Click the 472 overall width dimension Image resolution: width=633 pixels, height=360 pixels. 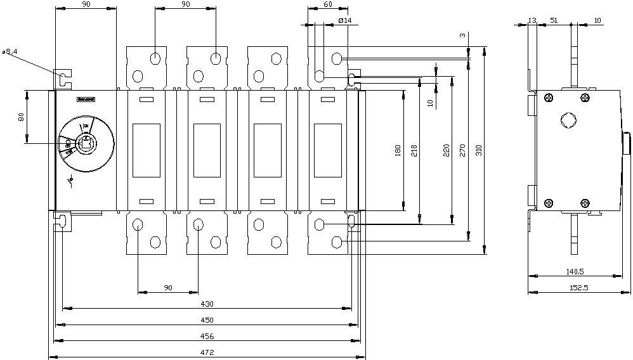pyautogui.click(x=207, y=352)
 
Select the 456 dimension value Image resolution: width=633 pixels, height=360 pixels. pyautogui.click(x=207, y=336)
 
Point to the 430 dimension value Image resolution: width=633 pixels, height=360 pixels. pyautogui.click(x=207, y=304)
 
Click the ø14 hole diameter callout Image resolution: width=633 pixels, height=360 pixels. pyautogui.click(x=346, y=20)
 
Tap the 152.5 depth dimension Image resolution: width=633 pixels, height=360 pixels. pyautogui.click(x=577, y=288)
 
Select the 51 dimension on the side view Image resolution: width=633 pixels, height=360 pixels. pyautogui.click(x=554, y=20)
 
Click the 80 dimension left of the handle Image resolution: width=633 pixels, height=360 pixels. pyautogui.click(x=21, y=117)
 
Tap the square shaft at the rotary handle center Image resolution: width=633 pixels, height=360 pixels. pyautogui.click(x=85, y=144)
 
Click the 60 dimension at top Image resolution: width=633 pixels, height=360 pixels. pyautogui.click(x=328, y=4)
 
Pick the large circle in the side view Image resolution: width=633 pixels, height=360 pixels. pyautogui.click(x=568, y=120)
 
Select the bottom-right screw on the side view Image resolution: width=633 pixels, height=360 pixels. pyautogui.click(x=585, y=203)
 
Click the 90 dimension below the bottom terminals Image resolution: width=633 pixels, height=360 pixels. pyautogui.click(x=168, y=288)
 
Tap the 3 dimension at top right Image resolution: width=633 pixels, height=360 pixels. pyautogui.click(x=462, y=35)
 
